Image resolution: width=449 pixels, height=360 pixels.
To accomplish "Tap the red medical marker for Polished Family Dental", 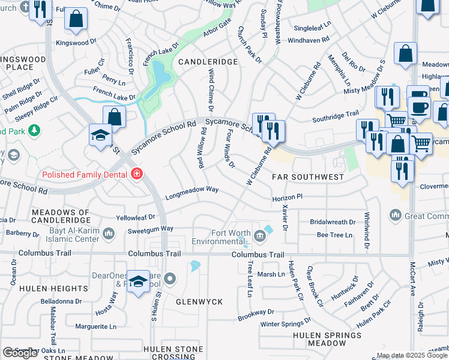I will tap(137, 175).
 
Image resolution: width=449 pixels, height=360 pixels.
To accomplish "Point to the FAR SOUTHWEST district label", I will tap(308, 177).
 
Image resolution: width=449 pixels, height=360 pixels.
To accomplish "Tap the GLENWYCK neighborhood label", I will tap(199, 302).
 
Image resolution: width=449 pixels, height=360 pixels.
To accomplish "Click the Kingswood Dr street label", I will tap(76, 43).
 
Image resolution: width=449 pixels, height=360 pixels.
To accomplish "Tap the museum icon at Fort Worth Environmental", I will tap(259, 236).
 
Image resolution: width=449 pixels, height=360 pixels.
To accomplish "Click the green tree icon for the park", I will tap(34, 130).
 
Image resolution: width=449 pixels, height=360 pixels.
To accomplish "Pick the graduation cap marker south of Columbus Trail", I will tap(138, 283).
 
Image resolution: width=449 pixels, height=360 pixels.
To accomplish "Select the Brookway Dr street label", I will tap(256, 313).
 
